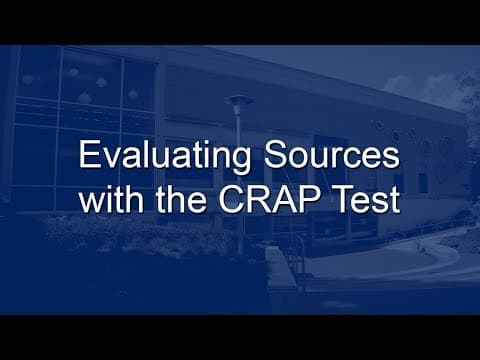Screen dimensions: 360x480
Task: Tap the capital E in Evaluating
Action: [x=88, y=159]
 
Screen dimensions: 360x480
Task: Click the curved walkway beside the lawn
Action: [x=440, y=250]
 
